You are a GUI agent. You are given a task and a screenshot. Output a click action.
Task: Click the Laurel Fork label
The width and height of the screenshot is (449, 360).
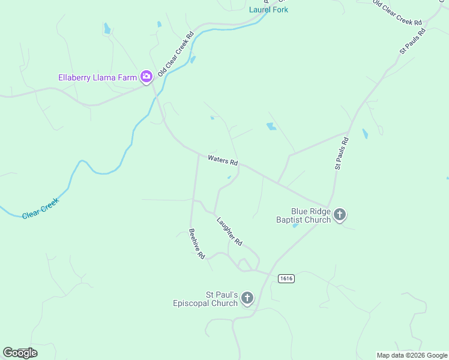(268, 10)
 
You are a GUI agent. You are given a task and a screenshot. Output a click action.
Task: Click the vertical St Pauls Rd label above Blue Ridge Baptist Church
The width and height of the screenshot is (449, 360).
(342, 154)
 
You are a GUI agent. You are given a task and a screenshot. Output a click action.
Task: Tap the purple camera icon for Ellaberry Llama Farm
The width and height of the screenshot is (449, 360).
(146, 77)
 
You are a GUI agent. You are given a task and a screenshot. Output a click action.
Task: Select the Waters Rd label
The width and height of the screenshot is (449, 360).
(223, 161)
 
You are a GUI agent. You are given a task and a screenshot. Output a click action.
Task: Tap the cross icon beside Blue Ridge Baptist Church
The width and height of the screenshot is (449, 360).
(340, 215)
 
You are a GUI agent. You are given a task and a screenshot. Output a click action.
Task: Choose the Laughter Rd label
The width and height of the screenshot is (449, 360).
(229, 231)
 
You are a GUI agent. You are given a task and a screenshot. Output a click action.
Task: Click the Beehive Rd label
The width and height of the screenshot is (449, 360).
(197, 244)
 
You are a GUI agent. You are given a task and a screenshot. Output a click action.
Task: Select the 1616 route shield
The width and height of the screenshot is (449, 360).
(286, 278)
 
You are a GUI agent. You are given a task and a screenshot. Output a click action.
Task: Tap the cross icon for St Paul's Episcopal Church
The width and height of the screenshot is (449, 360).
(247, 298)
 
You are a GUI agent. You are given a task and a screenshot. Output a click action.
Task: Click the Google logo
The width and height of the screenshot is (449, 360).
(20, 353)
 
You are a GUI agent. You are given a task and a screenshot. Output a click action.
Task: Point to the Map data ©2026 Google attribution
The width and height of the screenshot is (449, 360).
(412, 355)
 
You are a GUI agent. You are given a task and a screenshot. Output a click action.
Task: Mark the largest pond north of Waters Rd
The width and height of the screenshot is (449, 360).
(271, 127)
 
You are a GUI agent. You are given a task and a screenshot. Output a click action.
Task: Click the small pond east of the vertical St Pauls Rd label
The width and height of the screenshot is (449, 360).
(365, 133)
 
